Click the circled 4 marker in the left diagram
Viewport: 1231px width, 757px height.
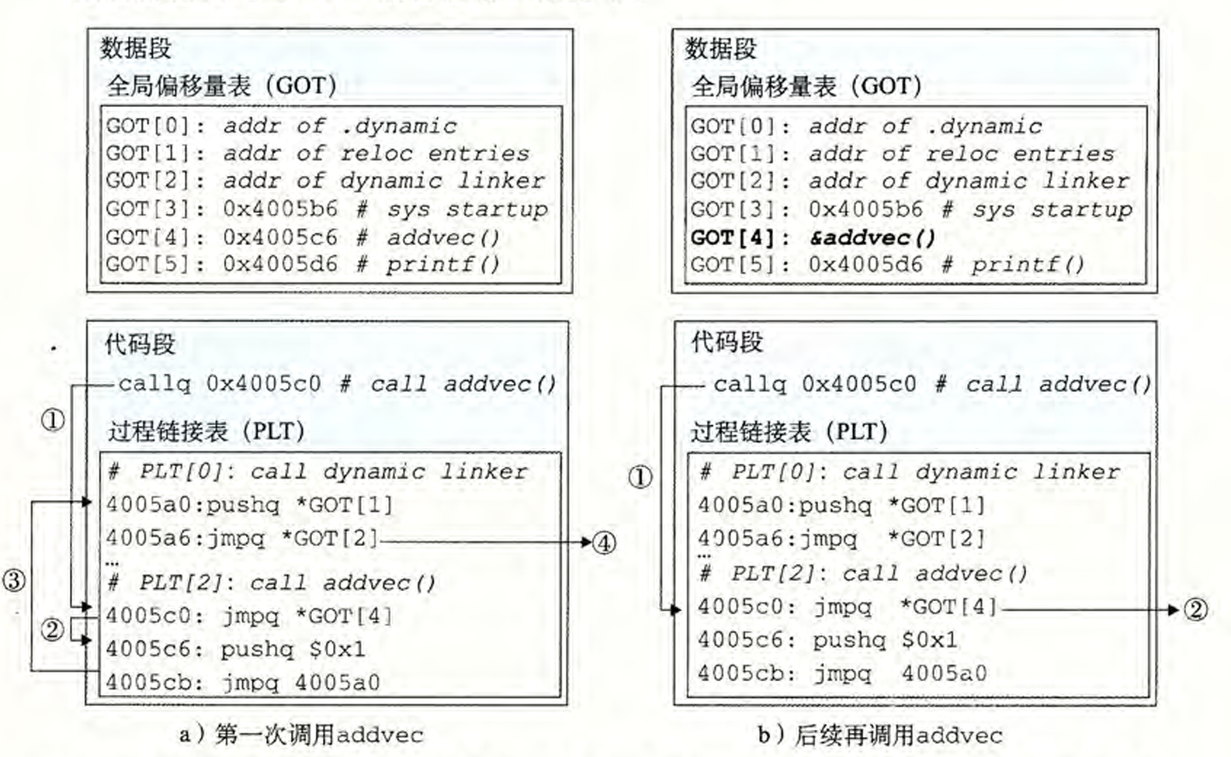tap(605, 542)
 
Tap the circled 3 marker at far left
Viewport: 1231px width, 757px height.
tap(14, 580)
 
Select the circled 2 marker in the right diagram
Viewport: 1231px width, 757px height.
tap(1196, 610)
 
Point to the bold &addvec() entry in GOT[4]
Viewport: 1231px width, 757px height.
tap(872, 237)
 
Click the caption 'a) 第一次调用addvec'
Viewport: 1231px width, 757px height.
tap(301, 734)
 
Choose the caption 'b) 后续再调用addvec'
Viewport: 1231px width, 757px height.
tap(880, 735)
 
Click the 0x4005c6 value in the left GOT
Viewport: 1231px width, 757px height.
tap(280, 237)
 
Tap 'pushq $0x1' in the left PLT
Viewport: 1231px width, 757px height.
tap(293, 649)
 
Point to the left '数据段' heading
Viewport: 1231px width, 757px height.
tap(136, 48)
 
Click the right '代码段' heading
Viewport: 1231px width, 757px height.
tap(727, 342)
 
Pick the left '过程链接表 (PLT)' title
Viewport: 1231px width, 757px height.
tap(206, 431)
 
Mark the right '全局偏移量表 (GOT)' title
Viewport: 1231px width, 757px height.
tap(806, 86)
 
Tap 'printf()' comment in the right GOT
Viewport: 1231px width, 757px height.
tap(1028, 265)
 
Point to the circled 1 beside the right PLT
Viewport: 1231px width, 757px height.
tap(640, 477)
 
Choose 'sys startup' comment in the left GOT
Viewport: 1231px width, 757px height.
tap(468, 209)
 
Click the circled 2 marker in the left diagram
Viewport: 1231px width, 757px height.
tap(52, 629)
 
